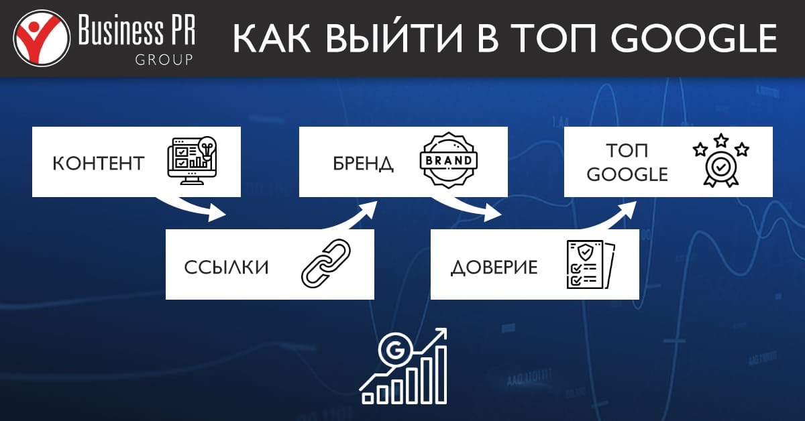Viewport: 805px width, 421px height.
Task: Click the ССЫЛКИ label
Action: click(227, 267)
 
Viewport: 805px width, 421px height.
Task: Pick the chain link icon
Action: click(326, 264)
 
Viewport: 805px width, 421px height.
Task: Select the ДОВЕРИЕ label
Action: click(494, 267)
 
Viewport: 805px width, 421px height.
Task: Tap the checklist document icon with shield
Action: click(588, 264)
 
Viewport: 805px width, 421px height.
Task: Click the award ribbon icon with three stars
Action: click(721, 162)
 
